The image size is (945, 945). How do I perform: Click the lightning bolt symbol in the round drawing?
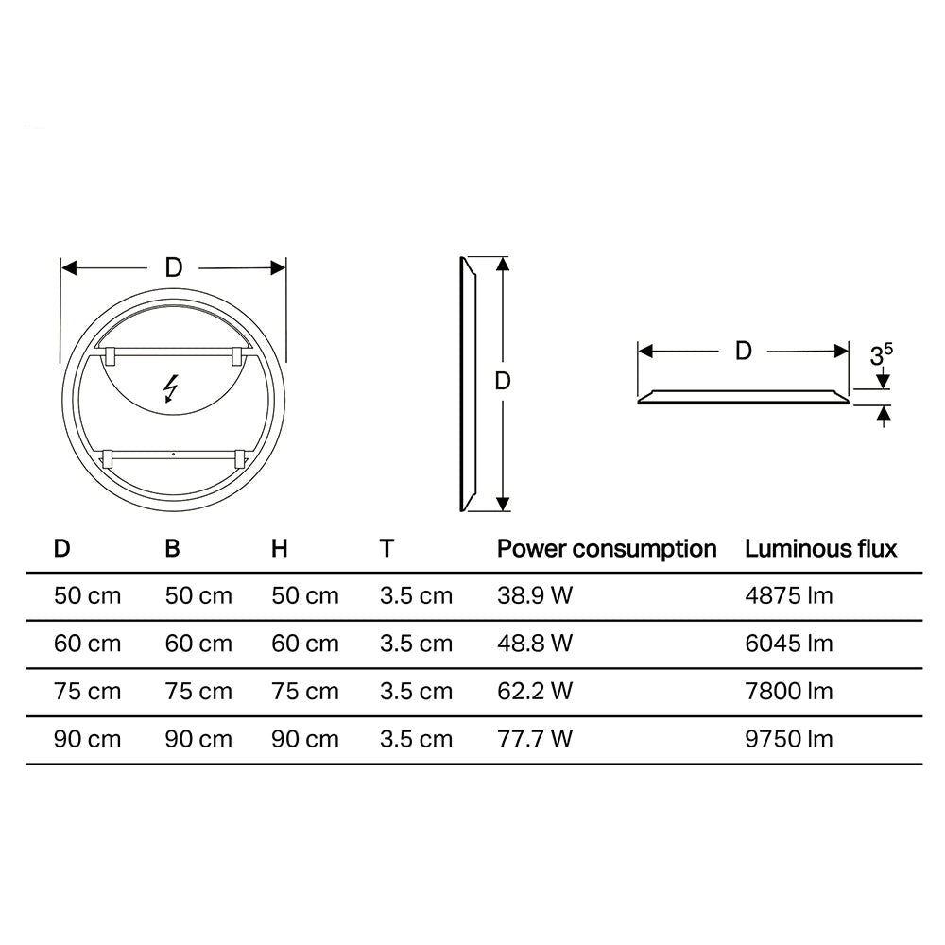172,388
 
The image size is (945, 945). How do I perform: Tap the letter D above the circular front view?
174,267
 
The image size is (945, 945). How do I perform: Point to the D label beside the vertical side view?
503,381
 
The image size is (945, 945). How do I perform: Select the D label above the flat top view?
744,351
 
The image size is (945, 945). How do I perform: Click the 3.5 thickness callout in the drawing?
881,355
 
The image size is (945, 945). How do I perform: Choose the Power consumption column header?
607,549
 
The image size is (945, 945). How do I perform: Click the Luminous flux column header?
821,549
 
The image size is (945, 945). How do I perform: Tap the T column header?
387,548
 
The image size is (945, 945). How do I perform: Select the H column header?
279,548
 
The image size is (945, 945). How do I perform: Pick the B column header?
172,548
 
